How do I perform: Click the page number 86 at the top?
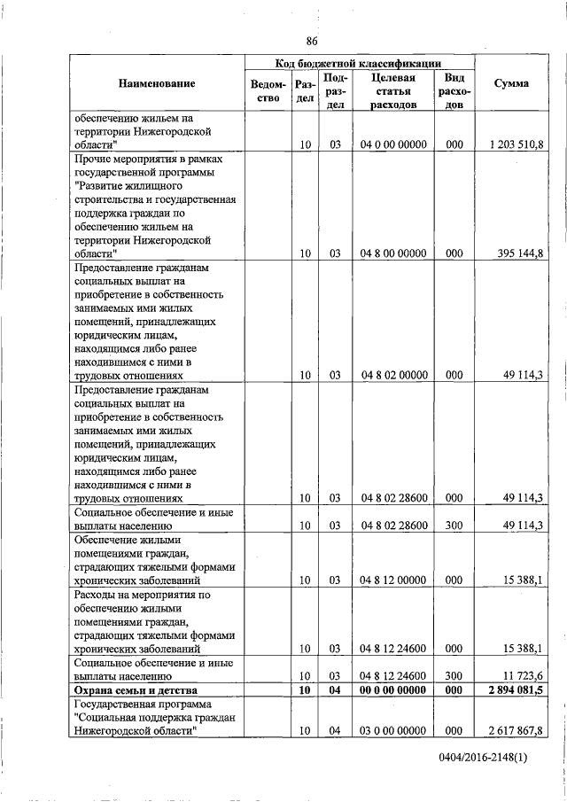pyautogui.click(x=312, y=40)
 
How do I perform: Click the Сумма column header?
pyautogui.click(x=512, y=83)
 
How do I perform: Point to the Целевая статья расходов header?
pyautogui.click(x=394, y=91)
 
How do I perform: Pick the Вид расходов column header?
pyautogui.click(x=454, y=91)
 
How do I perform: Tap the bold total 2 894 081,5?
pyautogui.click(x=515, y=689)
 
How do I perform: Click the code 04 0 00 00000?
pyautogui.click(x=394, y=144)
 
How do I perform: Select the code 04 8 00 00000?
pyautogui.click(x=394, y=253)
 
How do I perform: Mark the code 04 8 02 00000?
pyautogui.click(x=394, y=375)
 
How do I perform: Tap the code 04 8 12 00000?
pyautogui.click(x=394, y=580)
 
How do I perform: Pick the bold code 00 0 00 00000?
pyautogui.click(x=394, y=689)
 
